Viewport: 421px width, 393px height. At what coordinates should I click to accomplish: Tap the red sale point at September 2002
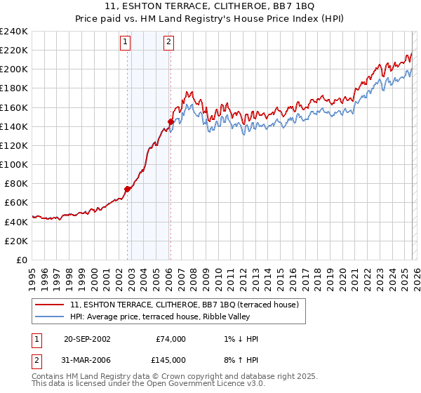tap(128, 189)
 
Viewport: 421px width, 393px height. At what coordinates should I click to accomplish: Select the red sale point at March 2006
tap(171, 121)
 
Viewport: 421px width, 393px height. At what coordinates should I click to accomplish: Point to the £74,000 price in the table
tap(171, 339)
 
